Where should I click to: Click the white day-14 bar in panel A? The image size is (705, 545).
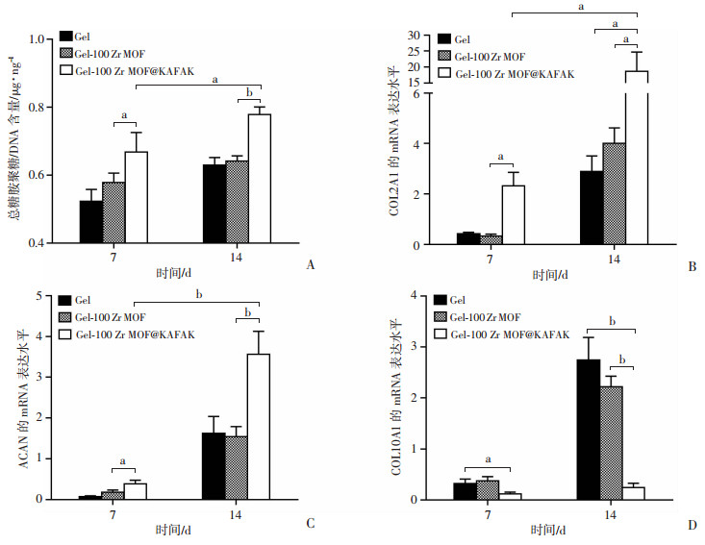[259, 179]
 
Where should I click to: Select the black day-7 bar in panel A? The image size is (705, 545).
[91, 222]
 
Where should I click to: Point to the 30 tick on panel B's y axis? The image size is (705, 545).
[405, 36]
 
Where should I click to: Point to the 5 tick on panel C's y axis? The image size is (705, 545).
[45, 296]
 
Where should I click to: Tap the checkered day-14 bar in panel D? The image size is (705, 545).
[610, 443]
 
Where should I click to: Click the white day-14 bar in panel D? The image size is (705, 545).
[634, 493]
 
